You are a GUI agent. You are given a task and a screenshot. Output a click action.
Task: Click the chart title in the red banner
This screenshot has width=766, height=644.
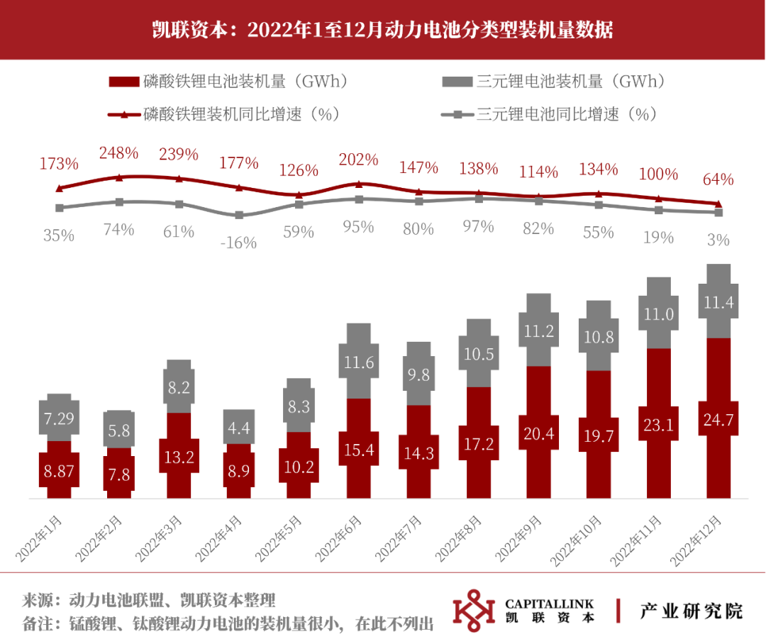click(x=382, y=30)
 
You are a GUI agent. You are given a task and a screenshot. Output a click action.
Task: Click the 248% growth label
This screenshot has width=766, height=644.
click(x=118, y=153)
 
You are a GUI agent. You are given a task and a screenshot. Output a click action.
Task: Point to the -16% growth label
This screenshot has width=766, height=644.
click(x=238, y=243)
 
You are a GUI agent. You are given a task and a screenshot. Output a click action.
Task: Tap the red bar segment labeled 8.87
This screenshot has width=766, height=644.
click(x=59, y=470)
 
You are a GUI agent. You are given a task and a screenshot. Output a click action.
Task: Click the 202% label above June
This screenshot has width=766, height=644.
click(x=358, y=160)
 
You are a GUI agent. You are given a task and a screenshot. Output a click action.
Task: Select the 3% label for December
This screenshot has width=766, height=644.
click(x=718, y=240)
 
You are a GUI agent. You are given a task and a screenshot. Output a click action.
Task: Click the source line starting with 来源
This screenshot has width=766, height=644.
click(x=148, y=599)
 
